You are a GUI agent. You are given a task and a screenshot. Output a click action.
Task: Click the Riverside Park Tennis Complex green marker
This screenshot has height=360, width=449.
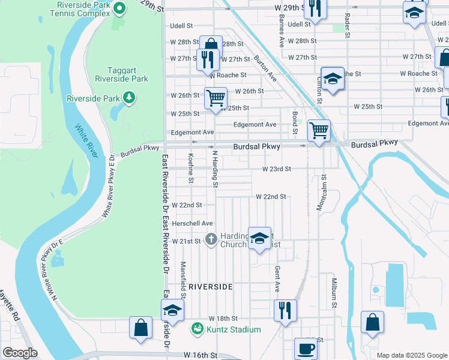[119, 8]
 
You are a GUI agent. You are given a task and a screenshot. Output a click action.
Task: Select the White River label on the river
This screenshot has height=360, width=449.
[86, 142]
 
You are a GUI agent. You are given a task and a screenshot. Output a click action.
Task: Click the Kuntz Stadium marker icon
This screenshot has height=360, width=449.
[196, 329]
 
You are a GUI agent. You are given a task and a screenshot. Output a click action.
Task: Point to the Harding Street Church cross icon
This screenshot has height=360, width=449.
[211, 239]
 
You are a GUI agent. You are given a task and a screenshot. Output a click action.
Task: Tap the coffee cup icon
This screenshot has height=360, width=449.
[306, 347]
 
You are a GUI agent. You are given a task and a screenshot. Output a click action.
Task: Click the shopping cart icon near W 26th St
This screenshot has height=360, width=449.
[215, 97]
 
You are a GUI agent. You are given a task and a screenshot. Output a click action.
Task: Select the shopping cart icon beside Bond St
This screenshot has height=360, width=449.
[318, 129]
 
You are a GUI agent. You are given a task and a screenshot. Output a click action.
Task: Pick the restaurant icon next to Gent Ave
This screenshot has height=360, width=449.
[285, 310]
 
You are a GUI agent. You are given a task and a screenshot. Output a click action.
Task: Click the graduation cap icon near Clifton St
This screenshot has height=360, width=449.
[332, 79]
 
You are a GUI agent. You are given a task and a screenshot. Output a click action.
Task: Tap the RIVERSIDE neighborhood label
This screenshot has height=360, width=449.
[210, 287]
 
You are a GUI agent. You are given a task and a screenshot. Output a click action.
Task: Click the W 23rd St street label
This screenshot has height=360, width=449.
[276, 169]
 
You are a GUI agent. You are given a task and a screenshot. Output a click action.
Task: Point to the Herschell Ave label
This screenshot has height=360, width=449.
[193, 223]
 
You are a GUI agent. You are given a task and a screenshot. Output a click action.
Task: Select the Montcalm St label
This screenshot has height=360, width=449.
[322, 192]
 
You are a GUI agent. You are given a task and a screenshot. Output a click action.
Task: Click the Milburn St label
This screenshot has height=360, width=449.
[333, 292]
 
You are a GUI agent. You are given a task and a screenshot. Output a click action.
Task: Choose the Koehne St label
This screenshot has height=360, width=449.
[191, 167]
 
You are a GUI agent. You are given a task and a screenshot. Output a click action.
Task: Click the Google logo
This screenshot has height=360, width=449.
[20, 353]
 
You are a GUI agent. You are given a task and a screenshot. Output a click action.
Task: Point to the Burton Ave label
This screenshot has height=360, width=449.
[265, 68]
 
